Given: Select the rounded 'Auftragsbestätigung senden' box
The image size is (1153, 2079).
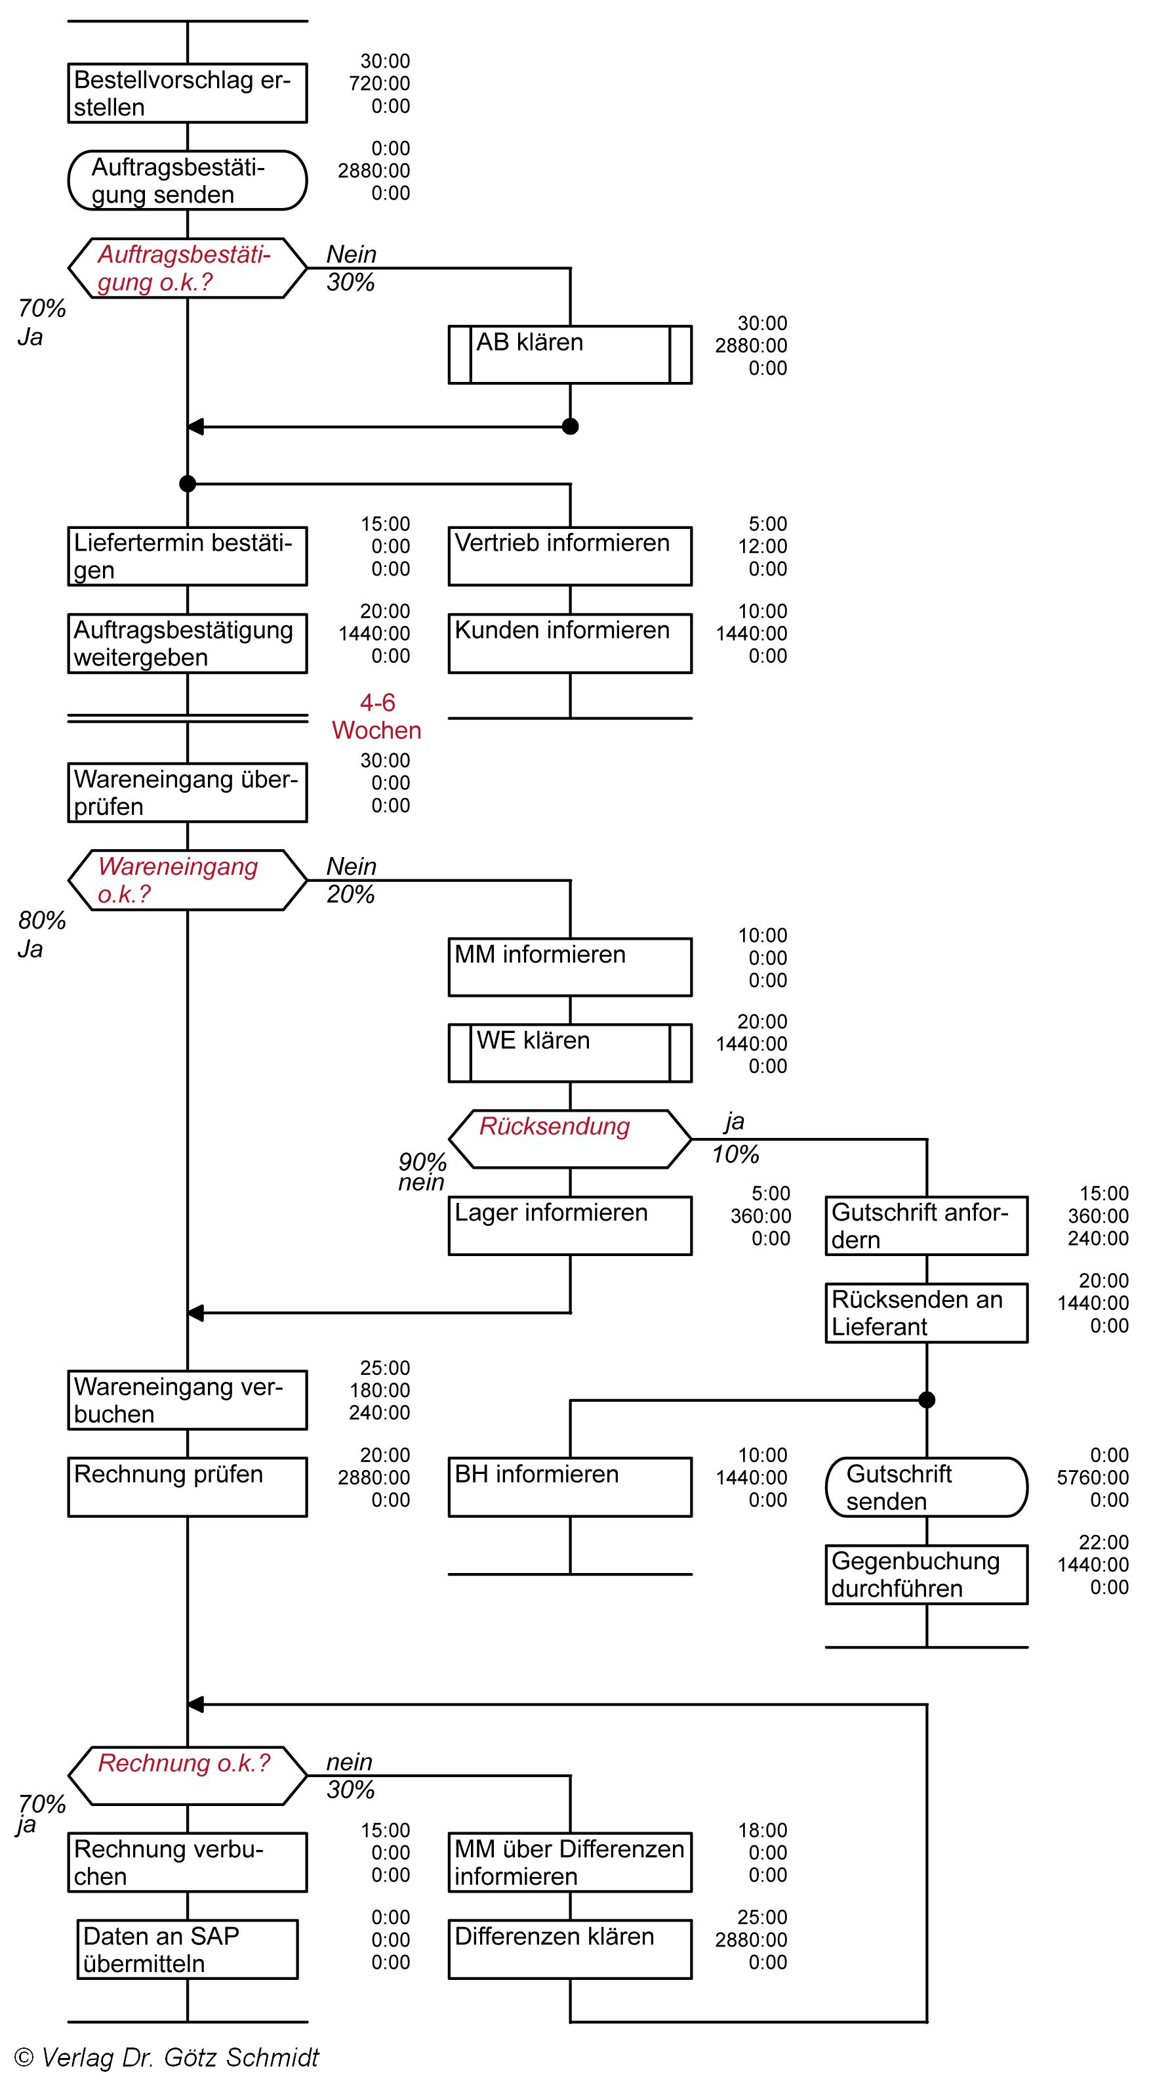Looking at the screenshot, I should [x=187, y=180].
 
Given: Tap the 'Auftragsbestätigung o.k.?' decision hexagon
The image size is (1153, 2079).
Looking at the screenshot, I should [x=187, y=268].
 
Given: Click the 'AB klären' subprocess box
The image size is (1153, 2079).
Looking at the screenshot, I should [x=570, y=354].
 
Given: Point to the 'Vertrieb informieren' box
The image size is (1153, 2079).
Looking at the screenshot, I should [x=570, y=556].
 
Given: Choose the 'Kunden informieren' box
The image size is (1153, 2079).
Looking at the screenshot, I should [x=570, y=643].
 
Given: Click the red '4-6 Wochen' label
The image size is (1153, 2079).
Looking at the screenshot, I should [x=377, y=717].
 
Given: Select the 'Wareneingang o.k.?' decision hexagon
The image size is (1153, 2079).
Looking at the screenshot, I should [x=187, y=879].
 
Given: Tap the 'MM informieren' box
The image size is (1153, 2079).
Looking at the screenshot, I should [x=570, y=967].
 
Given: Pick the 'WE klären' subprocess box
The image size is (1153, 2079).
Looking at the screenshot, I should [x=570, y=1053].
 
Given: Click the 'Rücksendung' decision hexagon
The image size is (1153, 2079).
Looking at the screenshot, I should [x=570, y=1139].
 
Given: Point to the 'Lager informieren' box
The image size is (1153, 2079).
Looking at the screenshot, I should [x=570, y=1225].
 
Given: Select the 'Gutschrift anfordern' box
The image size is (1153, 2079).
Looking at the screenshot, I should [x=926, y=1225].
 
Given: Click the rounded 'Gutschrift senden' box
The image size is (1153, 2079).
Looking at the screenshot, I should [x=926, y=1486].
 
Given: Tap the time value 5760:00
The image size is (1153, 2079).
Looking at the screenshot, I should [x=1093, y=1478].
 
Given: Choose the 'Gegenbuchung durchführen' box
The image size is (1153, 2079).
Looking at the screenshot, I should [x=926, y=1574].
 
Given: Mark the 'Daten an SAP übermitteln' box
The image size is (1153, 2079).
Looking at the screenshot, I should [x=187, y=1949].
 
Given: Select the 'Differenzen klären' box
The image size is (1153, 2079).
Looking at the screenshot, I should [x=570, y=1949].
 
